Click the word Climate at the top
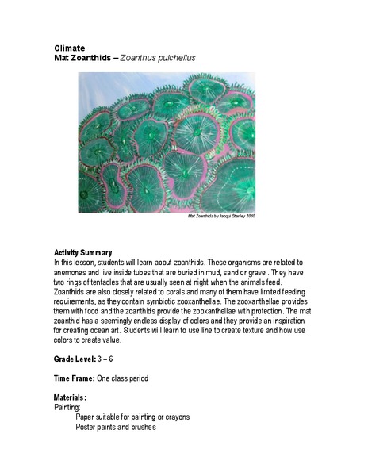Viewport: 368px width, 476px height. [69, 48]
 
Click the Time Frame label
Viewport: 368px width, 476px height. [74, 378]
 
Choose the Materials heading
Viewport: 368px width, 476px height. [70, 397]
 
